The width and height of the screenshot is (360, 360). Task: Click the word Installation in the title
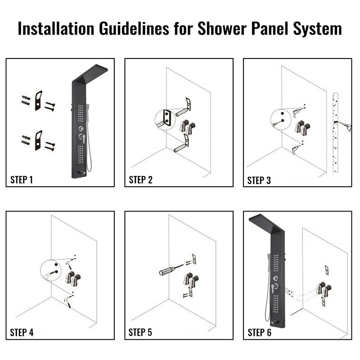[x=56, y=28]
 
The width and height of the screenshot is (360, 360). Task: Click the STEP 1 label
[x=22, y=180]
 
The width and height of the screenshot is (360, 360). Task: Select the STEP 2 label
[x=141, y=180]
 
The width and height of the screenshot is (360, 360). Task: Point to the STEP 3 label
[x=259, y=180]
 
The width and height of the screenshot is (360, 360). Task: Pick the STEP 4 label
[x=22, y=333]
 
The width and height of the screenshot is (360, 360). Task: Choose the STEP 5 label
[x=140, y=333]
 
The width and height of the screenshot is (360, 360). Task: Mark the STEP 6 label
[x=260, y=333]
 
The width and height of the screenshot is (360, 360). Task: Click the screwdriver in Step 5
[x=171, y=270]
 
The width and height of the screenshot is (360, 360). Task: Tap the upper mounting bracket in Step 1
[x=38, y=100]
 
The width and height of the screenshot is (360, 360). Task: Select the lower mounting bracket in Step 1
[x=38, y=140]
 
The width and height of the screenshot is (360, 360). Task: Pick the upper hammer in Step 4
[x=69, y=264]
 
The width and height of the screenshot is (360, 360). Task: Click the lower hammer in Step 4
[x=67, y=301]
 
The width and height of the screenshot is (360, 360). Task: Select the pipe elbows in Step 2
[x=187, y=127]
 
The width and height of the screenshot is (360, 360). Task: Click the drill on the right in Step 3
[x=344, y=126]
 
